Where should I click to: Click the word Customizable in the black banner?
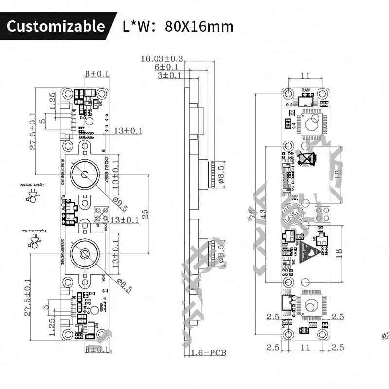[55, 25]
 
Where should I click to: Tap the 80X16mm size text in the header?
[199, 25]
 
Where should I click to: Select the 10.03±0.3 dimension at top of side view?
[162, 59]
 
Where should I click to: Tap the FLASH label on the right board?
[306, 90]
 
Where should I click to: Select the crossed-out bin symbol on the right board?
[307, 159]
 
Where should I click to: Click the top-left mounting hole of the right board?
[288, 93]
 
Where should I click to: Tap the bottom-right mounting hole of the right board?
[322, 335]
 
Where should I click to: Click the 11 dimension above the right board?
[305, 75]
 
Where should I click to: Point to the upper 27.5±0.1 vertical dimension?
[33, 129]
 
